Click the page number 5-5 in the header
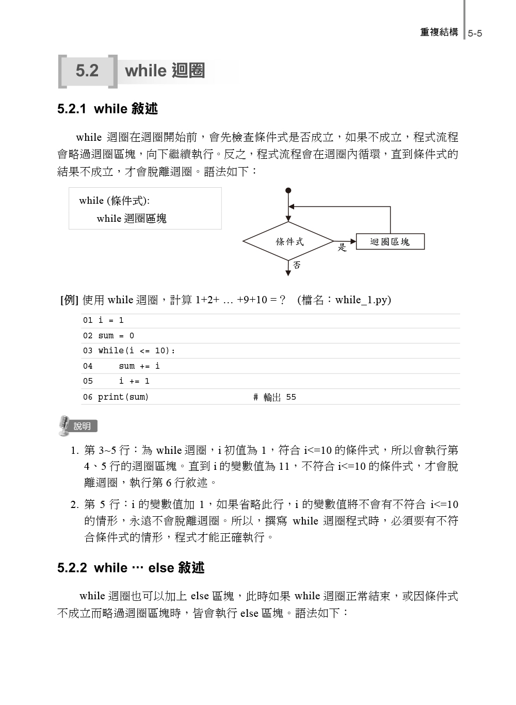click(x=475, y=34)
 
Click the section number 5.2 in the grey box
click(x=87, y=71)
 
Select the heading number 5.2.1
click(x=72, y=109)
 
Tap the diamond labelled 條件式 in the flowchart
click(x=289, y=241)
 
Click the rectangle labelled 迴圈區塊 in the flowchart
click(x=390, y=242)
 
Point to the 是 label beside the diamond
click(x=342, y=248)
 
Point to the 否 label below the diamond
click(x=297, y=265)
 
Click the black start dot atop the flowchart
click(x=288, y=191)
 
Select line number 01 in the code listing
click(x=88, y=320)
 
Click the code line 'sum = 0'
click(x=116, y=336)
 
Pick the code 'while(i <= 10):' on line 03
click(x=137, y=351)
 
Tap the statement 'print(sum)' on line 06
click(x=123, y=397)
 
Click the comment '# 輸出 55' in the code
click(x=275, y=397)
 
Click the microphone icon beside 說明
click(x=64, y=425)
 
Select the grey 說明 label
click(x=83, y=427)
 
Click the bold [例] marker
click(x=69, y=300)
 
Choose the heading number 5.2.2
click(x=72, y=568)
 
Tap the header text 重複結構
click(x=439, y=32)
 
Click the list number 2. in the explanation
click(x=75, y=504)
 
